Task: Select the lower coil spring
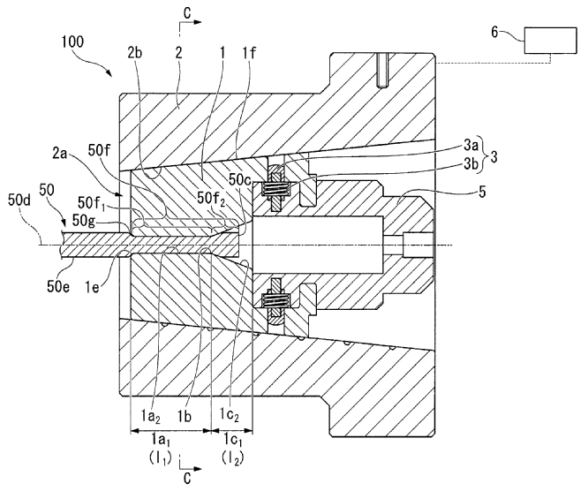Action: pyautogui.click(x=275, y=301)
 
